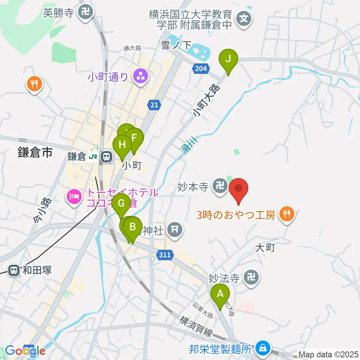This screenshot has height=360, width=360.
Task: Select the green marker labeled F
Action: click(134, 138)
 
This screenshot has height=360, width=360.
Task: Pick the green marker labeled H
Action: click(122, 144)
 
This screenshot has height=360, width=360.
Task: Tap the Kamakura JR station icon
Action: click(107, 157)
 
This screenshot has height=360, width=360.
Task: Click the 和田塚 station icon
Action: click(14, 270)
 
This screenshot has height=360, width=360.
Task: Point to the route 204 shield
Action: click(201, 68)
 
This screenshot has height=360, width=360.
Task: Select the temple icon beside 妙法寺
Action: click(251, 278)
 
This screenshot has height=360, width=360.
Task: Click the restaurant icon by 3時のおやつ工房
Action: click(288, 214)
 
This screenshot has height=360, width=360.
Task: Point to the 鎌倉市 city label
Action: click(34, 153)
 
